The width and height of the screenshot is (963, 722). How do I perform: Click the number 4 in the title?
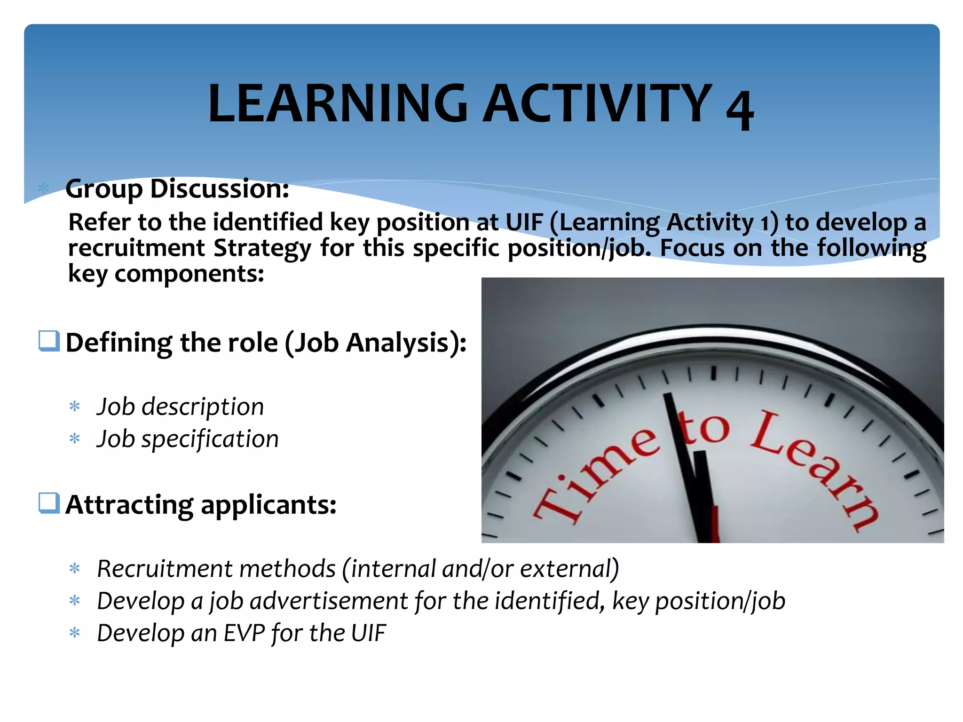[x=740, y=109]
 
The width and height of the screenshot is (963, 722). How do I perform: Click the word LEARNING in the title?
[x=337, y=103]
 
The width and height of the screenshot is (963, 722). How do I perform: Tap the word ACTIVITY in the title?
[x=598, y=103]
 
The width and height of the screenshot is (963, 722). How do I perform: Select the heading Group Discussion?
[x=177, y=189]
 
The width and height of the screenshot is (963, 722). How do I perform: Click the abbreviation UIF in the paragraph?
[x=524, y=222]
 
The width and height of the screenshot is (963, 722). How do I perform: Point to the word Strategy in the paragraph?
[x=262, y=248]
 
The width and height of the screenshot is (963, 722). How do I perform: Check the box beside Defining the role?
[x=49, y=341]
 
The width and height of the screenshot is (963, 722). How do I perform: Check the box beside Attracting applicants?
[x=49, y=503]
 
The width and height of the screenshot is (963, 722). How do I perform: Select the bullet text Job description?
[x=180, y=407]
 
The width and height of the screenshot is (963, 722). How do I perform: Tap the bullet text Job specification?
[x=188, y=439]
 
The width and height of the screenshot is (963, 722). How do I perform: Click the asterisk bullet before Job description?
[x=75, y=407]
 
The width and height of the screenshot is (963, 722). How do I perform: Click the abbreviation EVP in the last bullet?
[x=245, y=633]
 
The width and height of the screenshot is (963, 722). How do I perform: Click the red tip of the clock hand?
[x=715, y=524]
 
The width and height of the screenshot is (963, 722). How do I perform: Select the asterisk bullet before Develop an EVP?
[x=75, y=633]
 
